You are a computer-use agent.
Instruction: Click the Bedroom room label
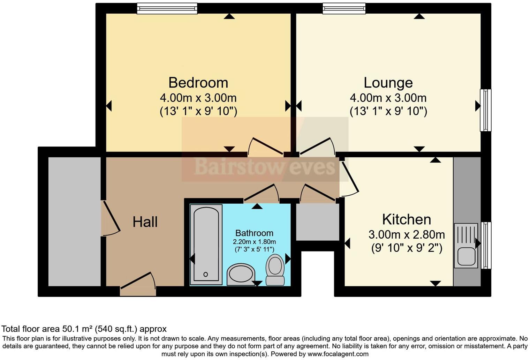[198, 83]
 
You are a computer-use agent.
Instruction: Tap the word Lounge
[388, 83]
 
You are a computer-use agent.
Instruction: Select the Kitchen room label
[407, 219]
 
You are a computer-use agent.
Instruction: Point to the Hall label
[145, 222]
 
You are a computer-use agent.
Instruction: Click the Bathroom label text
[254, 233]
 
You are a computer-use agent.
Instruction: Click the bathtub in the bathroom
[206, 245]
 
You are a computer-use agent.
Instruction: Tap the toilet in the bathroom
[275, 269]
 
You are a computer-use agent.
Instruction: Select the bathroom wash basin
[241, 274]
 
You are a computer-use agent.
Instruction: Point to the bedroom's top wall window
[167, 8]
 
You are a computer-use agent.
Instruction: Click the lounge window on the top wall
[344, 8]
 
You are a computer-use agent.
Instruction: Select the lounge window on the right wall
[485, 110]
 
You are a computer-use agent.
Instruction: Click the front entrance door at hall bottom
[138, 284]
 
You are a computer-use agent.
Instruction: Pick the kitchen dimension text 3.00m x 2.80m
[407, 234]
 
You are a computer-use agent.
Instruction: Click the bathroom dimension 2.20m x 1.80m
[254, 242]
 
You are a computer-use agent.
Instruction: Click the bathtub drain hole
[206, 274]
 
